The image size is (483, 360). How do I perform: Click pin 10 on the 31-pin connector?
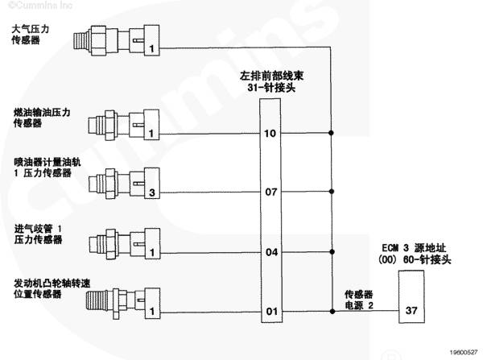click(x=270, y=132)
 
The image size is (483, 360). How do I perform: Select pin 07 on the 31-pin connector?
click(x=270, y=192)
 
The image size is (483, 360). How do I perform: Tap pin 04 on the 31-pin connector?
click(x=270, y=252)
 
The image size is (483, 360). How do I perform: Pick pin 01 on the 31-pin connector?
click(x=270, y=311)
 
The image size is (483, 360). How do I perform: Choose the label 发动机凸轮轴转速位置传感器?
click(x=47, y=289)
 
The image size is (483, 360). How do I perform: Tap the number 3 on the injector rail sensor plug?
click(x=151, y=192)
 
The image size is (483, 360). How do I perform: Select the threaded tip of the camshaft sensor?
click(x=97, y=307)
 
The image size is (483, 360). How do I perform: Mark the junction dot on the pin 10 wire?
click(x=332, y=132)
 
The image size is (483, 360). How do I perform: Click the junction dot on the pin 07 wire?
click(x=332, y=192)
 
